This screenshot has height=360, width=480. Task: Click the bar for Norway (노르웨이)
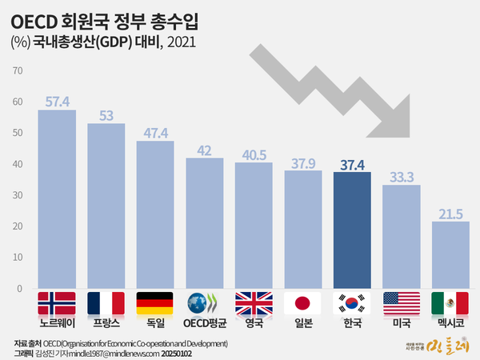57,199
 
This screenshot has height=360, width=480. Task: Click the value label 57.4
57,102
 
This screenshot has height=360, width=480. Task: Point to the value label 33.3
402,177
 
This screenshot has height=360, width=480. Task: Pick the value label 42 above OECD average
205,150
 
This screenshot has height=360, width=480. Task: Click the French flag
106,303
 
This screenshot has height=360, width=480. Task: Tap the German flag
155,303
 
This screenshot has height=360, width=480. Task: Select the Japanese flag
303,303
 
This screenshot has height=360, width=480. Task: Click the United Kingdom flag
254,303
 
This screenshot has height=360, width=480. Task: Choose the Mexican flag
450,303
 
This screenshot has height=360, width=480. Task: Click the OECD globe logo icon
205,303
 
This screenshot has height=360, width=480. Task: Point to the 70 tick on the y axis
18,71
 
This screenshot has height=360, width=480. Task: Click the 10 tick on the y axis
18,258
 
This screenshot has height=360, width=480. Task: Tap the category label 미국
402,322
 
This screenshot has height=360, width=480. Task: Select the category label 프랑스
106,322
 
